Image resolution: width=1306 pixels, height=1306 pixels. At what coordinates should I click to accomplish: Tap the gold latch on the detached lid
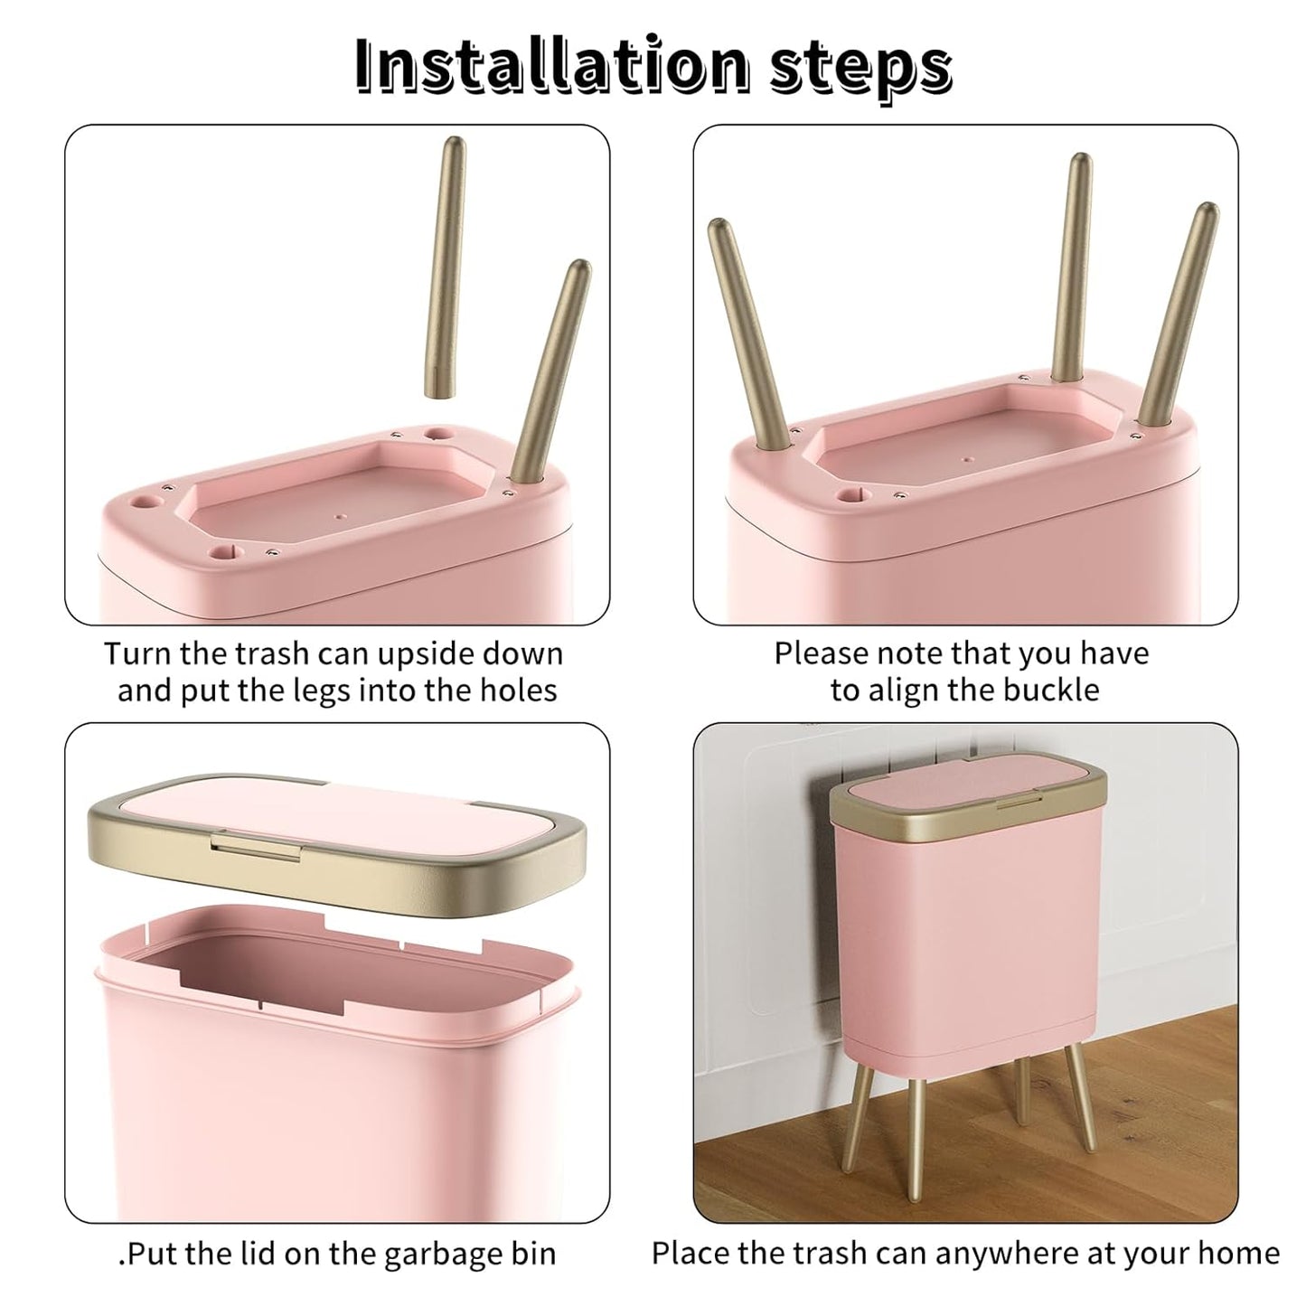(255, 845)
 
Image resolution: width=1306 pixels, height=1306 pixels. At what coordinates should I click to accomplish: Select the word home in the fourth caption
(1238, 1254)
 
